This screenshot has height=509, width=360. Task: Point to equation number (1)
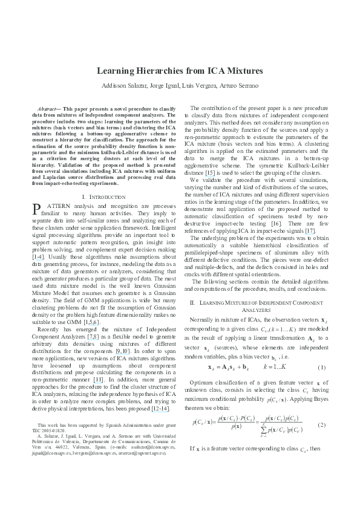click(x=321, y=350)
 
